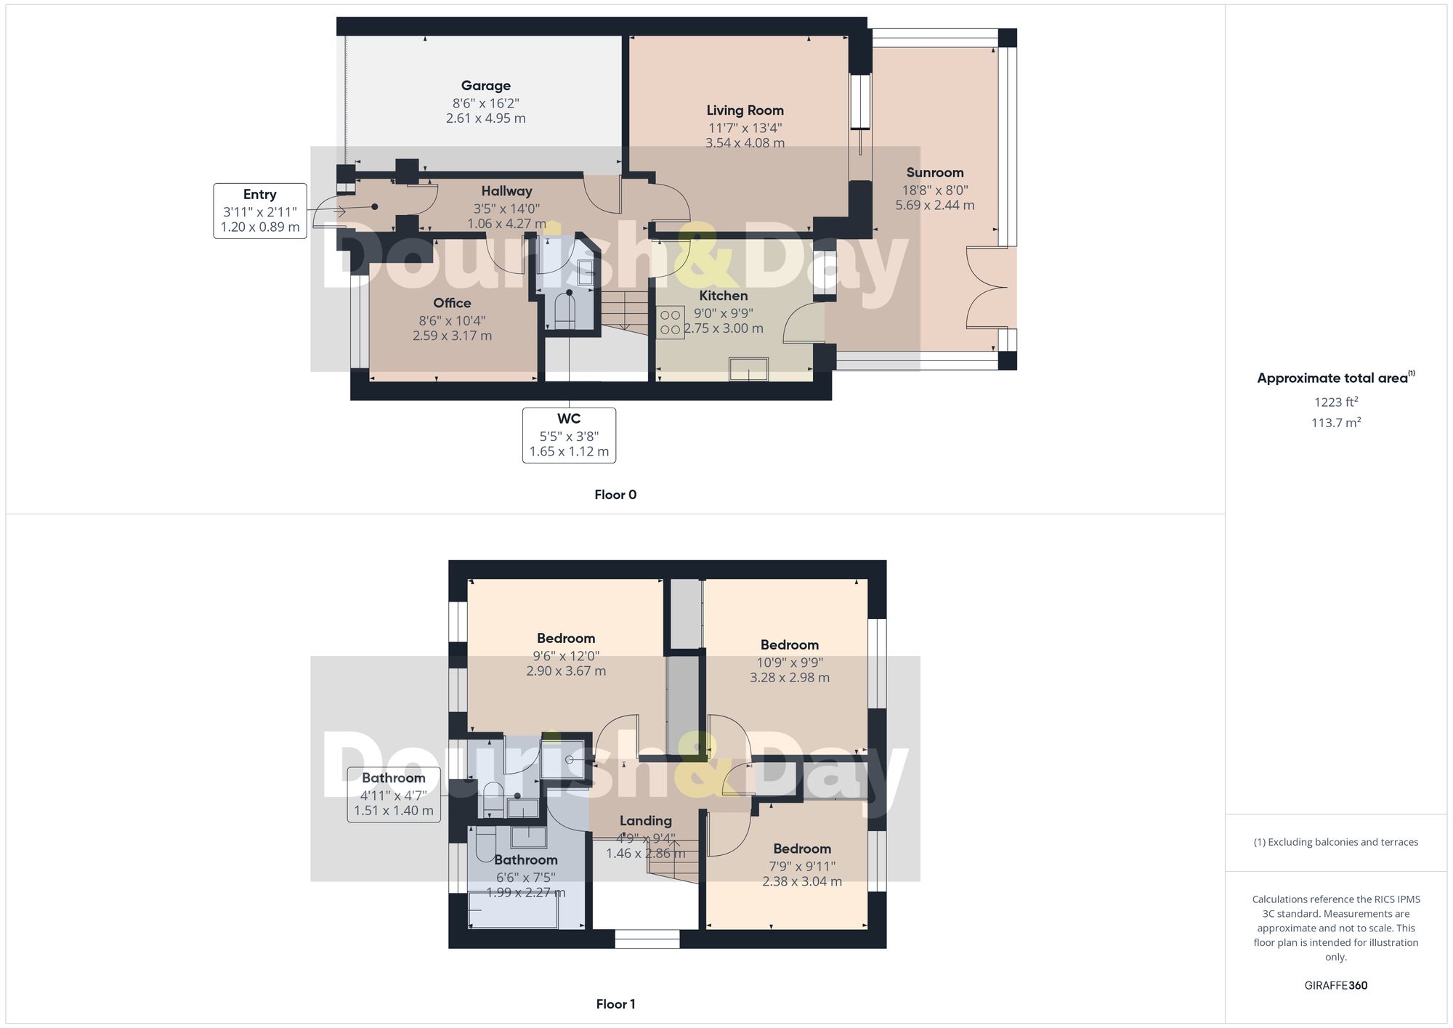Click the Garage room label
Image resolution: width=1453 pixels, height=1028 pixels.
click(x=485, y=86)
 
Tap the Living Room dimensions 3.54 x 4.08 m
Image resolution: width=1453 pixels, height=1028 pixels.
click(x=745, y=143)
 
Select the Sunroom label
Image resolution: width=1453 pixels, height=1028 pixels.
click(x=934, y=173)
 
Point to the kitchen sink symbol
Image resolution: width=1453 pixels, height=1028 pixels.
click(x=748, y=369)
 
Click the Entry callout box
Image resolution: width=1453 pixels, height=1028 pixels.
click(x=260, y=211)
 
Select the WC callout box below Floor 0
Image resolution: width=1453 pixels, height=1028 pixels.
click(x=569, y=435)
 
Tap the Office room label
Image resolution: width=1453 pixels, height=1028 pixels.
click(x=452, y=303)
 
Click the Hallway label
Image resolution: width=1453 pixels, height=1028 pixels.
click(x=506, y=191)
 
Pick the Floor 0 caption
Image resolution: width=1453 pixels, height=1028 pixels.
click(x=615, y=495)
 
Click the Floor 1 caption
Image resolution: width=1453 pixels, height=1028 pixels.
click(x=615, y=1004)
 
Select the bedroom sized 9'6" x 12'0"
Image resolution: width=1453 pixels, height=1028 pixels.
click(x=566, y=654)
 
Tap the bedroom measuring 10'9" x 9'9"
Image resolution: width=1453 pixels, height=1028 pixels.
click(x=789, y=660)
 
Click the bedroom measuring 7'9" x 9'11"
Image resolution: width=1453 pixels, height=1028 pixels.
click(x=801, y=865)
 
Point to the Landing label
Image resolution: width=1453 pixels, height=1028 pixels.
click(x=645, y=821)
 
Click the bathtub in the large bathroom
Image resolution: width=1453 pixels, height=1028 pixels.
click(x=513, y=910)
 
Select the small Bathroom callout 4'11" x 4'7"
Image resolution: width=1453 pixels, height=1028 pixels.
click(x=394, y=794)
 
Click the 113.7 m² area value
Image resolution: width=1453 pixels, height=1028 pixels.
click(x=1335, y=423)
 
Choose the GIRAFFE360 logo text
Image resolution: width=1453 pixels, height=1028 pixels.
click(x=1335, y=986)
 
